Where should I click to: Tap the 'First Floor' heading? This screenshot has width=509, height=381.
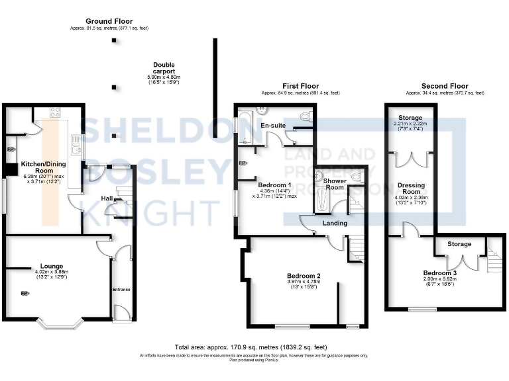300,86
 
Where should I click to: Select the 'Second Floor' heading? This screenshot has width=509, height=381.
445,86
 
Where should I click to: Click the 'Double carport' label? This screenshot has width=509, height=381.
164,68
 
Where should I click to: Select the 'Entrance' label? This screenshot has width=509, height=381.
121,289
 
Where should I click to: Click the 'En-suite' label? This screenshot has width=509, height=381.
273,125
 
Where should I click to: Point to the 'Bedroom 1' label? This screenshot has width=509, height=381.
274,184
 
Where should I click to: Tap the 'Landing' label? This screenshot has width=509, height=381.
334,223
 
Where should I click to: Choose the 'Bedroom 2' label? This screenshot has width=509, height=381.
304,276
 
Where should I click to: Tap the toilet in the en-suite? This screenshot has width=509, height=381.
306,116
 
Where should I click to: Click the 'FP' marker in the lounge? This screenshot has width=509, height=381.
24,294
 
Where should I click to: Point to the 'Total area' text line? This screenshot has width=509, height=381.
251,347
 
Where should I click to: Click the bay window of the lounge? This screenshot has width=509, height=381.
59,324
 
